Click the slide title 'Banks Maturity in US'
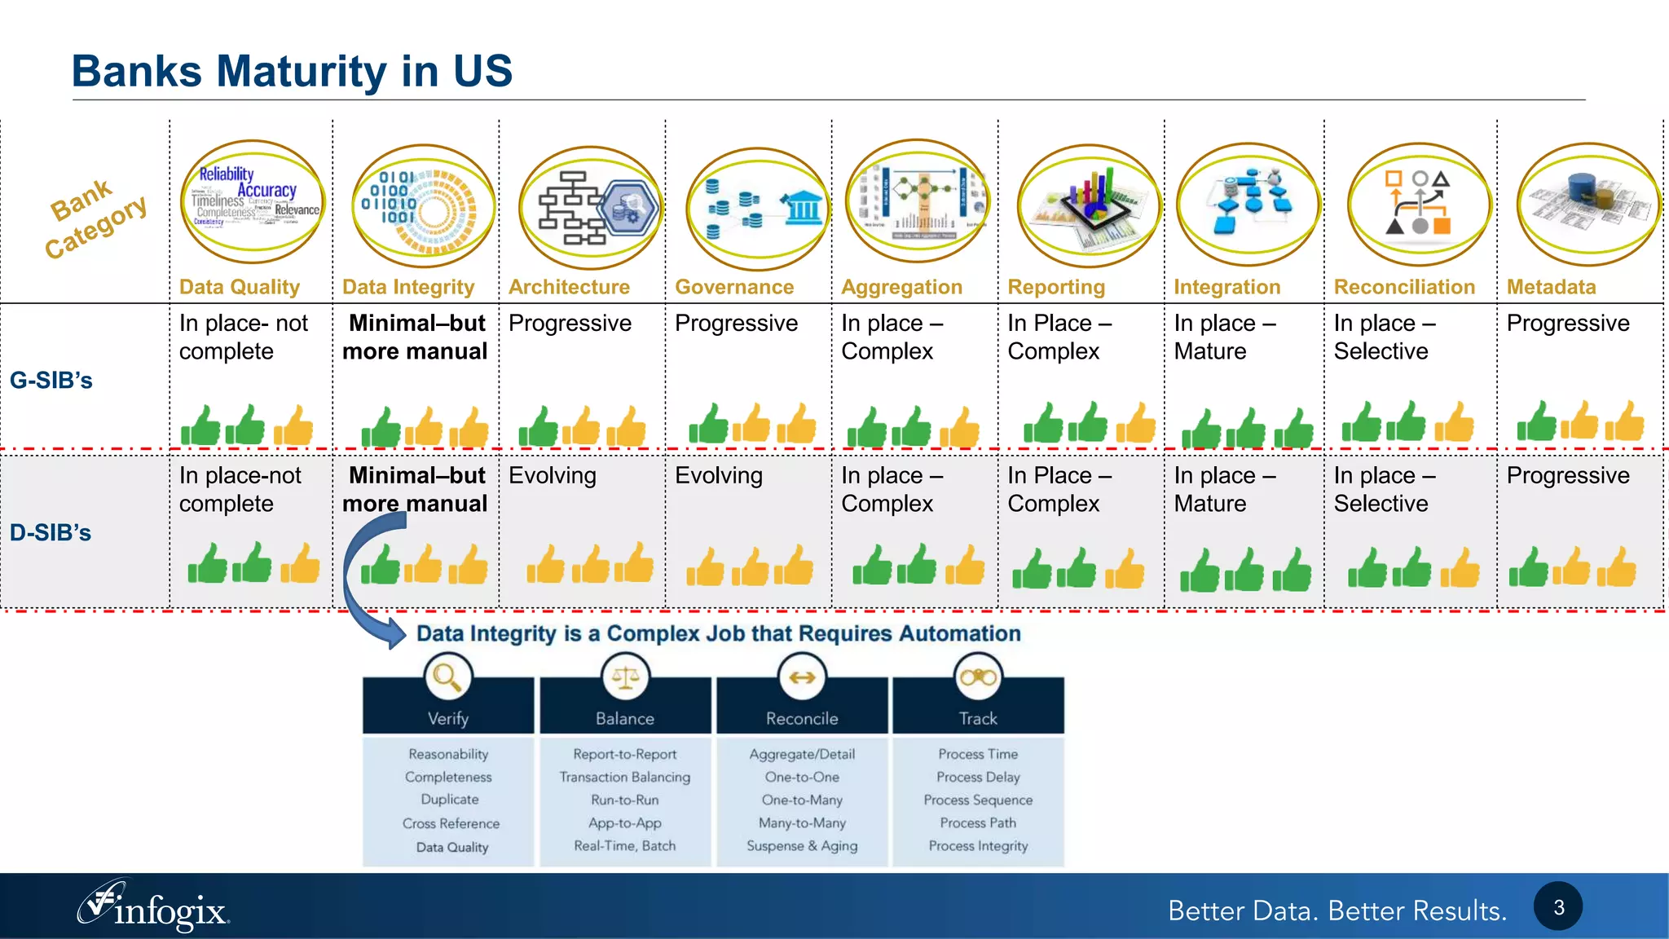click(292, 71)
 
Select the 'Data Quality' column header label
click(240, 287)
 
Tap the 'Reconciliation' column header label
click(1404, 287)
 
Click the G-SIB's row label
click(51, 380)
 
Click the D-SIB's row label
click(51, 532)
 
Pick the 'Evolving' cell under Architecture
click(553, 475)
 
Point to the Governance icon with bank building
click(758, 209)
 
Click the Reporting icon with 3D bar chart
click(1089, 205)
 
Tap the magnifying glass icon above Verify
click(447, 677)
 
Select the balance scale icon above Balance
click(625, 677)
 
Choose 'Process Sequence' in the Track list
click(978, 800)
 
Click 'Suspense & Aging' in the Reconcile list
click(802, 845)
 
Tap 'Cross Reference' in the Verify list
click(451, 823)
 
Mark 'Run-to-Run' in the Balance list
click(625, 800)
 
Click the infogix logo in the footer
click(154, 907)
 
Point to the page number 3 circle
click(1558, 906)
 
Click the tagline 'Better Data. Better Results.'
click(1337, 910)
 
